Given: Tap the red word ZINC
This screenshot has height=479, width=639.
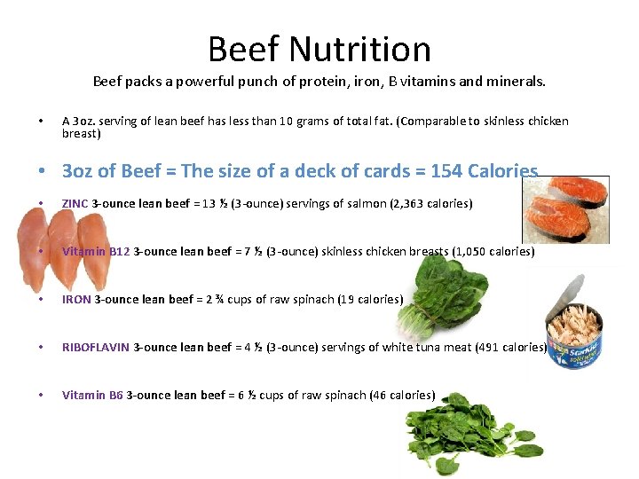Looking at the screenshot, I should tap(75, 204).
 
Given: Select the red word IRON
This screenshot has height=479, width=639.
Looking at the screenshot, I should tap(76, 300).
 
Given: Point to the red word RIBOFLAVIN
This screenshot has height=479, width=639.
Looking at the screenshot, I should tap(96, 348).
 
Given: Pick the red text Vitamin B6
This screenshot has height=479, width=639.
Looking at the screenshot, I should tap(92, 396).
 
